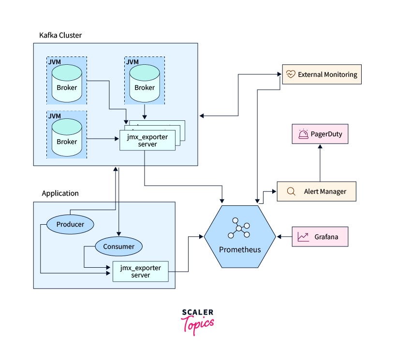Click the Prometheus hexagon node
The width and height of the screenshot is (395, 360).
(240, 237)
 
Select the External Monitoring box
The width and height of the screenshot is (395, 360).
(322, 74)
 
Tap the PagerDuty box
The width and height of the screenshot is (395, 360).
(320, 134)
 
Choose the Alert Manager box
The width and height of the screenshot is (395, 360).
(317, 191)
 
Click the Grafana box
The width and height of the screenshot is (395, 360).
(320, 237)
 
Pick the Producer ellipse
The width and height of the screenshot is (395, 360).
(70, 224)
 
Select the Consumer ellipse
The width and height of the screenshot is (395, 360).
(118, 246)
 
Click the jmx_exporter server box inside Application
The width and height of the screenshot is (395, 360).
(140, 272)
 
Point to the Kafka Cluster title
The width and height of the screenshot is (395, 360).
(60, 35)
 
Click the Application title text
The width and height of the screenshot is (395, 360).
(60, 193)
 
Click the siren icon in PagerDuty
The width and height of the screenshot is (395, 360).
(304, 134)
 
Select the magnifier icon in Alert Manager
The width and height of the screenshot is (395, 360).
(291, 191)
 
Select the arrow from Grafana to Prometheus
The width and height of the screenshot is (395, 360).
(284, 237)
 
